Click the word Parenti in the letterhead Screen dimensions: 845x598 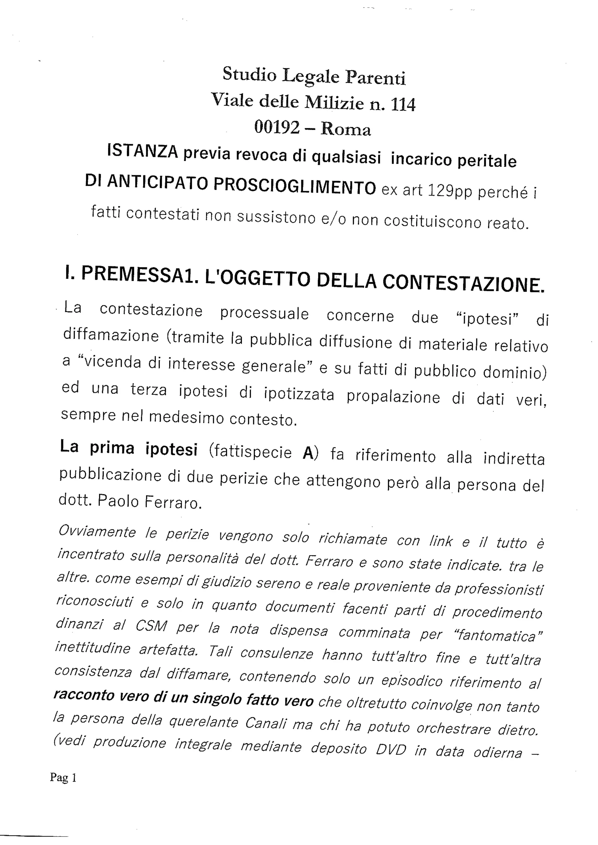click(x=375, y=78)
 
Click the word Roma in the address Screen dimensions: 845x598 click(x=346, y=130)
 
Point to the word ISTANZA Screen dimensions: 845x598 click(x=142, y=151)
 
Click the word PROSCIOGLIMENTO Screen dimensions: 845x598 click(x=295, y=186)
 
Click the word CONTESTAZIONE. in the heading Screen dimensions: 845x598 click(x=463, y=284)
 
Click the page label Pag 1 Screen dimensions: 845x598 click(x=63, y=777)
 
